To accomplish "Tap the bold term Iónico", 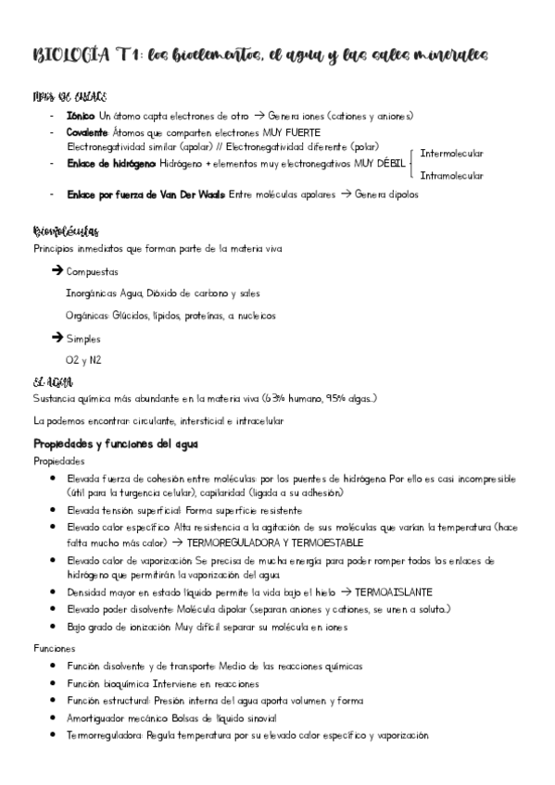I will pyautogui.click(x=81, y=116).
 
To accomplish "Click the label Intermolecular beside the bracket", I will pyautogui.click(x=451, y=153).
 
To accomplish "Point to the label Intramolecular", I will pyautogui.click(x=451, y=175).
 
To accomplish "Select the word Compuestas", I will pyautogui.click(x=93, y=272).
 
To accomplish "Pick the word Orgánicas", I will pyautogui.click(x=87, y=316).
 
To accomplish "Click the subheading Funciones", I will pyautogui.click(x=54, y=649).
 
